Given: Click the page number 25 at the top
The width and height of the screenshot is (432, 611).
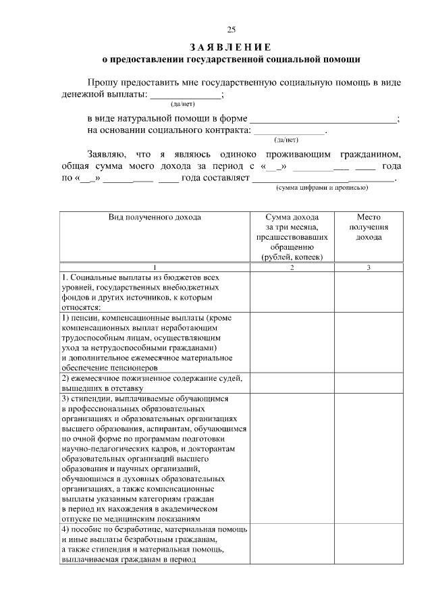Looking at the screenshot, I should click(x=231, y=29).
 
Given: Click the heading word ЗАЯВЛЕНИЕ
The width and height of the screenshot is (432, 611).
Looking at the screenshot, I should click(x=231, y=47).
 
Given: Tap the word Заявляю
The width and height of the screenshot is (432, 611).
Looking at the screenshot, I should click(x=109, y=155).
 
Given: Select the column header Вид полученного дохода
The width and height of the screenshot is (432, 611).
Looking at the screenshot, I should click(x=155, y=217).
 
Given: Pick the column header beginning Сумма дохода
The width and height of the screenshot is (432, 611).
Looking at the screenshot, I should click(x=292, y=217).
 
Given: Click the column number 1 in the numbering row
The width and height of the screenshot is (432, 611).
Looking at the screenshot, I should click(x=155, y=267).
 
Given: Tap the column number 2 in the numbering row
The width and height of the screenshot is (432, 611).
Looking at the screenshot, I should click(x=292, y=267).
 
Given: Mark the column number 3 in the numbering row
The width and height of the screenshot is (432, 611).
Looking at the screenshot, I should click(x=369, y=267).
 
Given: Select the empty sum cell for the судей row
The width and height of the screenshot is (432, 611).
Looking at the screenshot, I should click(x=292, y=383).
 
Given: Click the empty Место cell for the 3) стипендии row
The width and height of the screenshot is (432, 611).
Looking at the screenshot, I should click(x=369, y=458).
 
